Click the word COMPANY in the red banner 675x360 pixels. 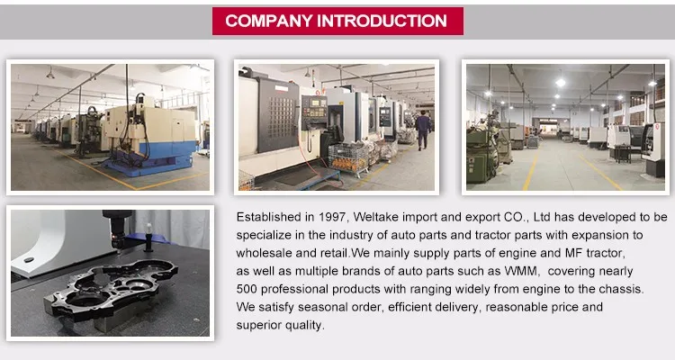(x=268, y=21)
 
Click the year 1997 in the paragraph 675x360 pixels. (x=332, y=217)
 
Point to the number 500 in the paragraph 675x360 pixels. (x=247, y=289)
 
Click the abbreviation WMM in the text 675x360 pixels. (x=521, y=271)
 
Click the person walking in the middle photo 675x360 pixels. (x=423, y=130)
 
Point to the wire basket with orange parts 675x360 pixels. (x=348, y=158)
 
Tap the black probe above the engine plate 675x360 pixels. (x=117, y=229)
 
